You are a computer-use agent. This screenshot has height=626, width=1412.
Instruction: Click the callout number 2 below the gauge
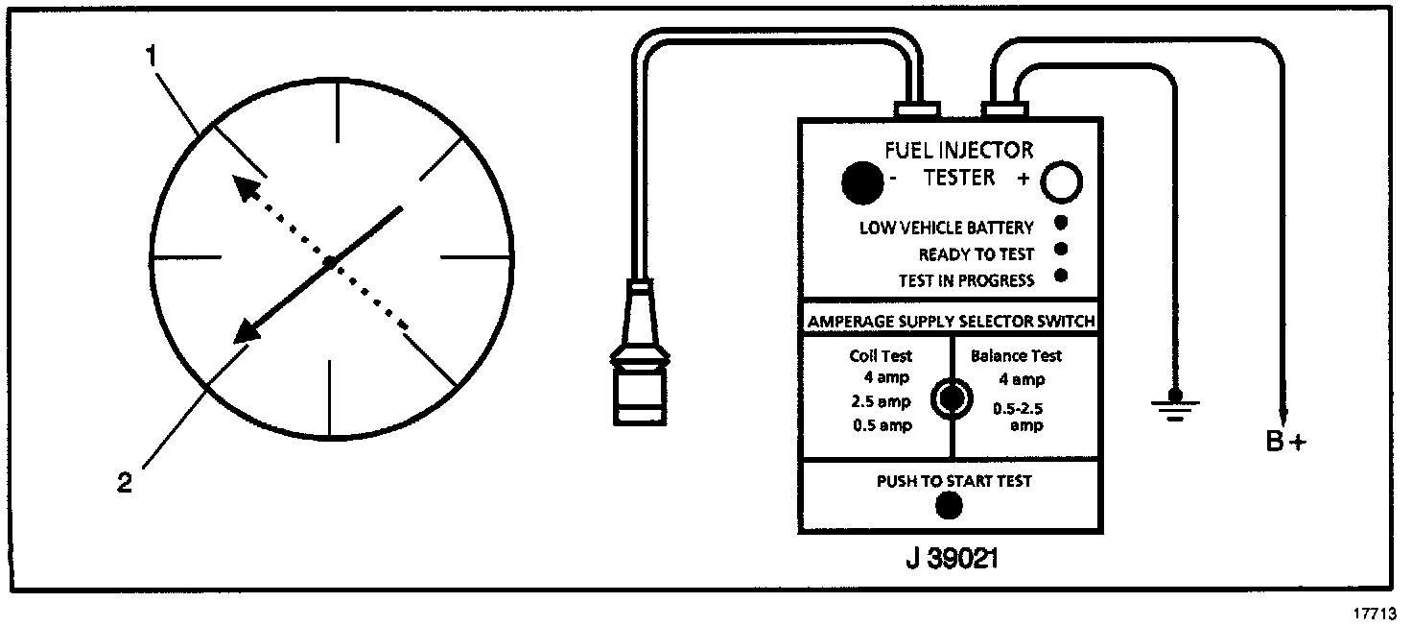click(125, 483)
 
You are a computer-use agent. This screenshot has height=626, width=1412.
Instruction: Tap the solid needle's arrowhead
click(247, 330)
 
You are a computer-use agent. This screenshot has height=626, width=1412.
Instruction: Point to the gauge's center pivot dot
click(329, 261)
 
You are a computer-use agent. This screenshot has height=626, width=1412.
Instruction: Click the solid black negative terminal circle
click(861, 181)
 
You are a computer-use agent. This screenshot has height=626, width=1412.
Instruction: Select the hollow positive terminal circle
click(1061, 181)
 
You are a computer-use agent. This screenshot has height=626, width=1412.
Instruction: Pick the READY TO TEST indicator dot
click(1061, 252)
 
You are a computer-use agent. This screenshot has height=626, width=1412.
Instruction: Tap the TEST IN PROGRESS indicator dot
click(1061, 277)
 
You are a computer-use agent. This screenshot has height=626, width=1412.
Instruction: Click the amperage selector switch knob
click(952, 397)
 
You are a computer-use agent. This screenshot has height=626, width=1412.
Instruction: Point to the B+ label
click(1285, 443)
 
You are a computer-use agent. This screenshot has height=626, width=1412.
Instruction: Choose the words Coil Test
click(881, 356)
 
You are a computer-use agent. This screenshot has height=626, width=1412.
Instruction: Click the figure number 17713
click(1375, 612)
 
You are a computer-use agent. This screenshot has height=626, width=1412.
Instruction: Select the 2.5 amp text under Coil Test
click(881, 401)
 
